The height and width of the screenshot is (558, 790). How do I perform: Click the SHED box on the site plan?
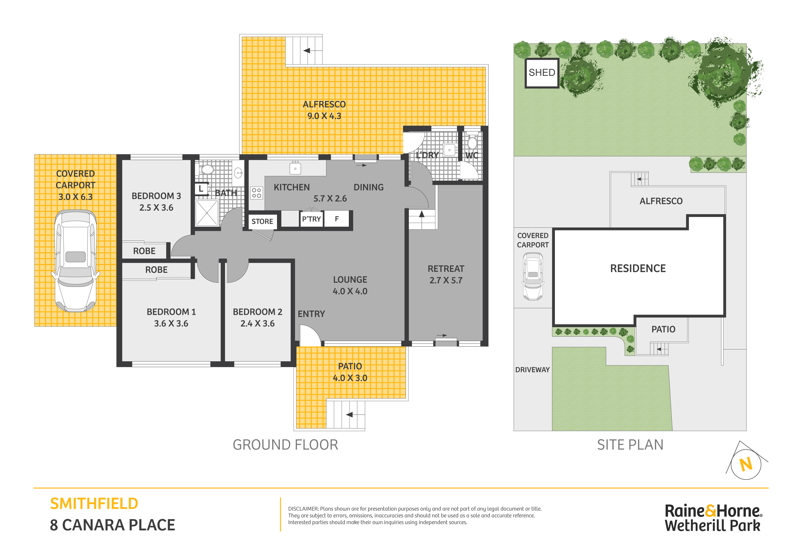tap(542, 73)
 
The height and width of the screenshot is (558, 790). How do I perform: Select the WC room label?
tap(472, 155)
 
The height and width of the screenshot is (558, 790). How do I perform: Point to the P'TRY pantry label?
tap(311, 219)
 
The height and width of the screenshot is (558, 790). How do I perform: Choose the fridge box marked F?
tap(337, 219)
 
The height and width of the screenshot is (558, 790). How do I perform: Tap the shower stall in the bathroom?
tap(207, 213)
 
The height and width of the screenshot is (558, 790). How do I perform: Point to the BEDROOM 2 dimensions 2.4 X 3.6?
tap(257, 324)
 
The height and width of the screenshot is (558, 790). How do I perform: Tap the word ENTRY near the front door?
tap(311, 314)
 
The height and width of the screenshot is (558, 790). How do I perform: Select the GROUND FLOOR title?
tap(286, 445)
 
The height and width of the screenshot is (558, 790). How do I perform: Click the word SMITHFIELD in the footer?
tap(94, 504)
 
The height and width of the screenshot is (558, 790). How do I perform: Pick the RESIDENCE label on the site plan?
tap(638, 268)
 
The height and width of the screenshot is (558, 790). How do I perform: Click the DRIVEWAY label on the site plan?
tap(532, 370)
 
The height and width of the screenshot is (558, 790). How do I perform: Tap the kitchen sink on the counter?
tap(295, 169)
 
